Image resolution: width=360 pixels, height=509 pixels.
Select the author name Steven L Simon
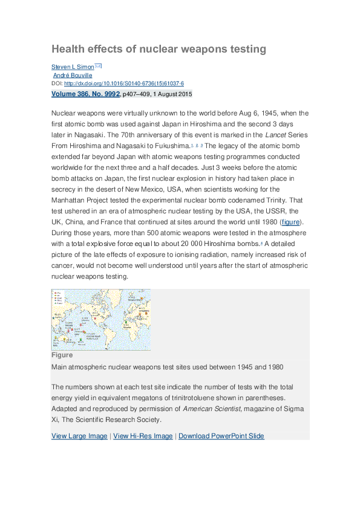pos(72,66)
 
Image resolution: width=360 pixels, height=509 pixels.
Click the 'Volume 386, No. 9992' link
pos(85,94)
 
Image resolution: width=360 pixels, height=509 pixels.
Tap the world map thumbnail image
pos(101,319)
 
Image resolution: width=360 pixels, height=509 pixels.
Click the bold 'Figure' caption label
pos(62,355)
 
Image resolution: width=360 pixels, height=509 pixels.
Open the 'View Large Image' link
pos(79,436)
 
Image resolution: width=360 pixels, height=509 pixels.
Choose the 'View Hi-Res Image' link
pos(143,436)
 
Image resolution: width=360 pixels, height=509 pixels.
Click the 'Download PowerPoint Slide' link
pos(221,436)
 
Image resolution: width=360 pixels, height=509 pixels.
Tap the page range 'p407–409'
pos(140,94)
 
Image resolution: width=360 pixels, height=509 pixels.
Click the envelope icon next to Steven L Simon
pos(98,66)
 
